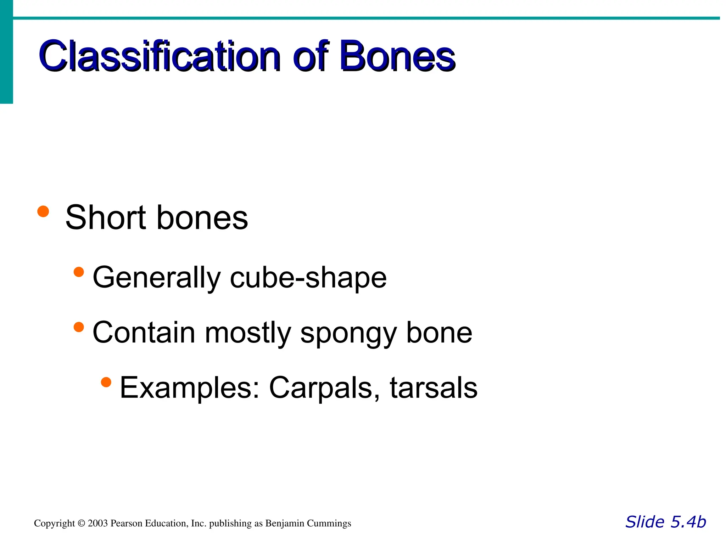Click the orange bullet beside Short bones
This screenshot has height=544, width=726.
[43, 211]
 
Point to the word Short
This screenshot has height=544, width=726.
[106, 217]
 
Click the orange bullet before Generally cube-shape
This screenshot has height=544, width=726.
[79, 272]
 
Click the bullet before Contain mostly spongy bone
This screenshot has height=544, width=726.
[79, 327]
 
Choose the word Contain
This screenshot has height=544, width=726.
[144, 333]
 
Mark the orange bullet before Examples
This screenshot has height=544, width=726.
[106, 382]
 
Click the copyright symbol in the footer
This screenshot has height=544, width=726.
[82, 523]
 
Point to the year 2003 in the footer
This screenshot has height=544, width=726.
[97, 523]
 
